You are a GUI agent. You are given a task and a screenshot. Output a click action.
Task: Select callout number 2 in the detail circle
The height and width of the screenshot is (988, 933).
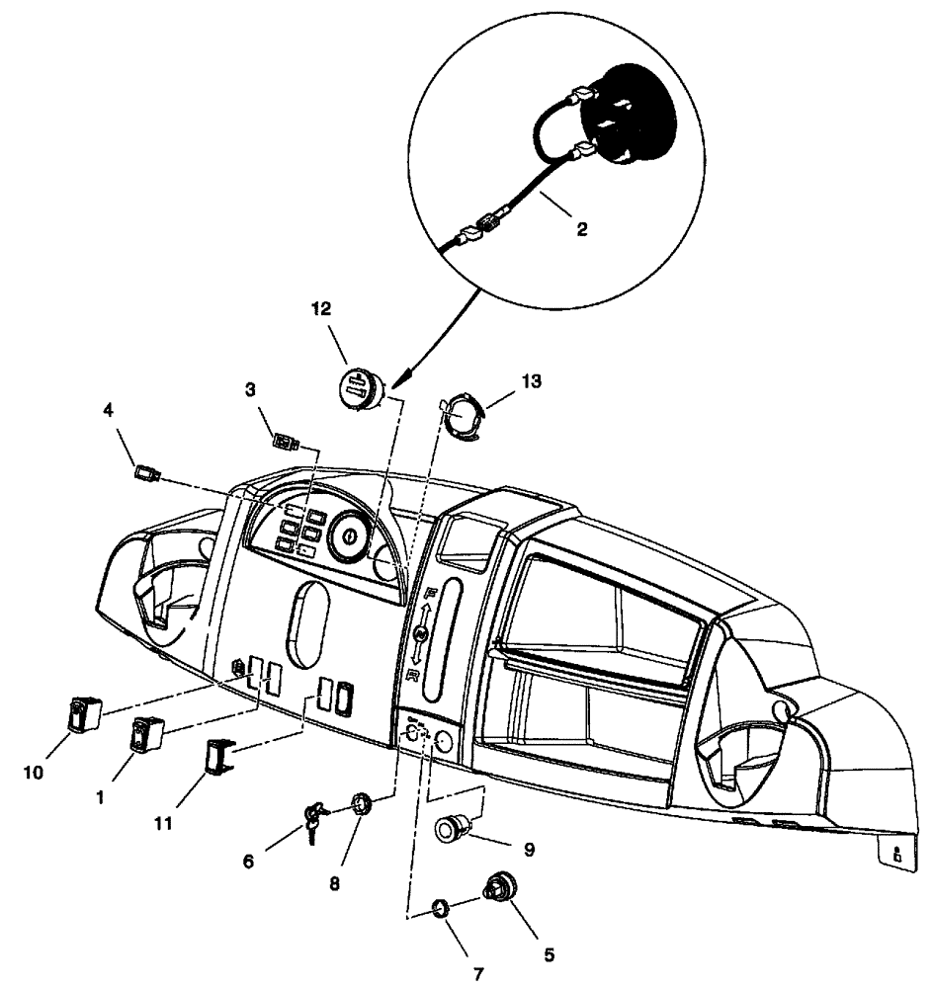[581, 228]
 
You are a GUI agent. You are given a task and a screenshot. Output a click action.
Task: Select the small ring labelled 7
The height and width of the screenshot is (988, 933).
[444, 908]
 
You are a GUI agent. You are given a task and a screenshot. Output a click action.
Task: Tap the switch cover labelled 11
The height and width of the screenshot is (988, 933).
[219, 757]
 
